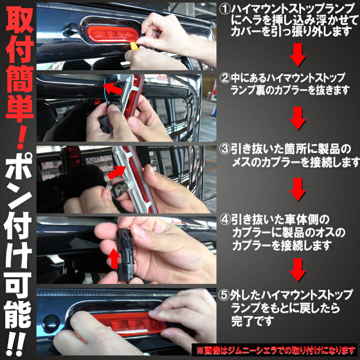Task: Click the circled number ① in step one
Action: [x=224, y=8]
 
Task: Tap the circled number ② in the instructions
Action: [x=224, y=79]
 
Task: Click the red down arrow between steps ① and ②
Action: [x=298, y=55]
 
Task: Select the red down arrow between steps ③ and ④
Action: [x=298, y=189]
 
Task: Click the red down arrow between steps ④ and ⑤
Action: [x=298, y=268]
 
